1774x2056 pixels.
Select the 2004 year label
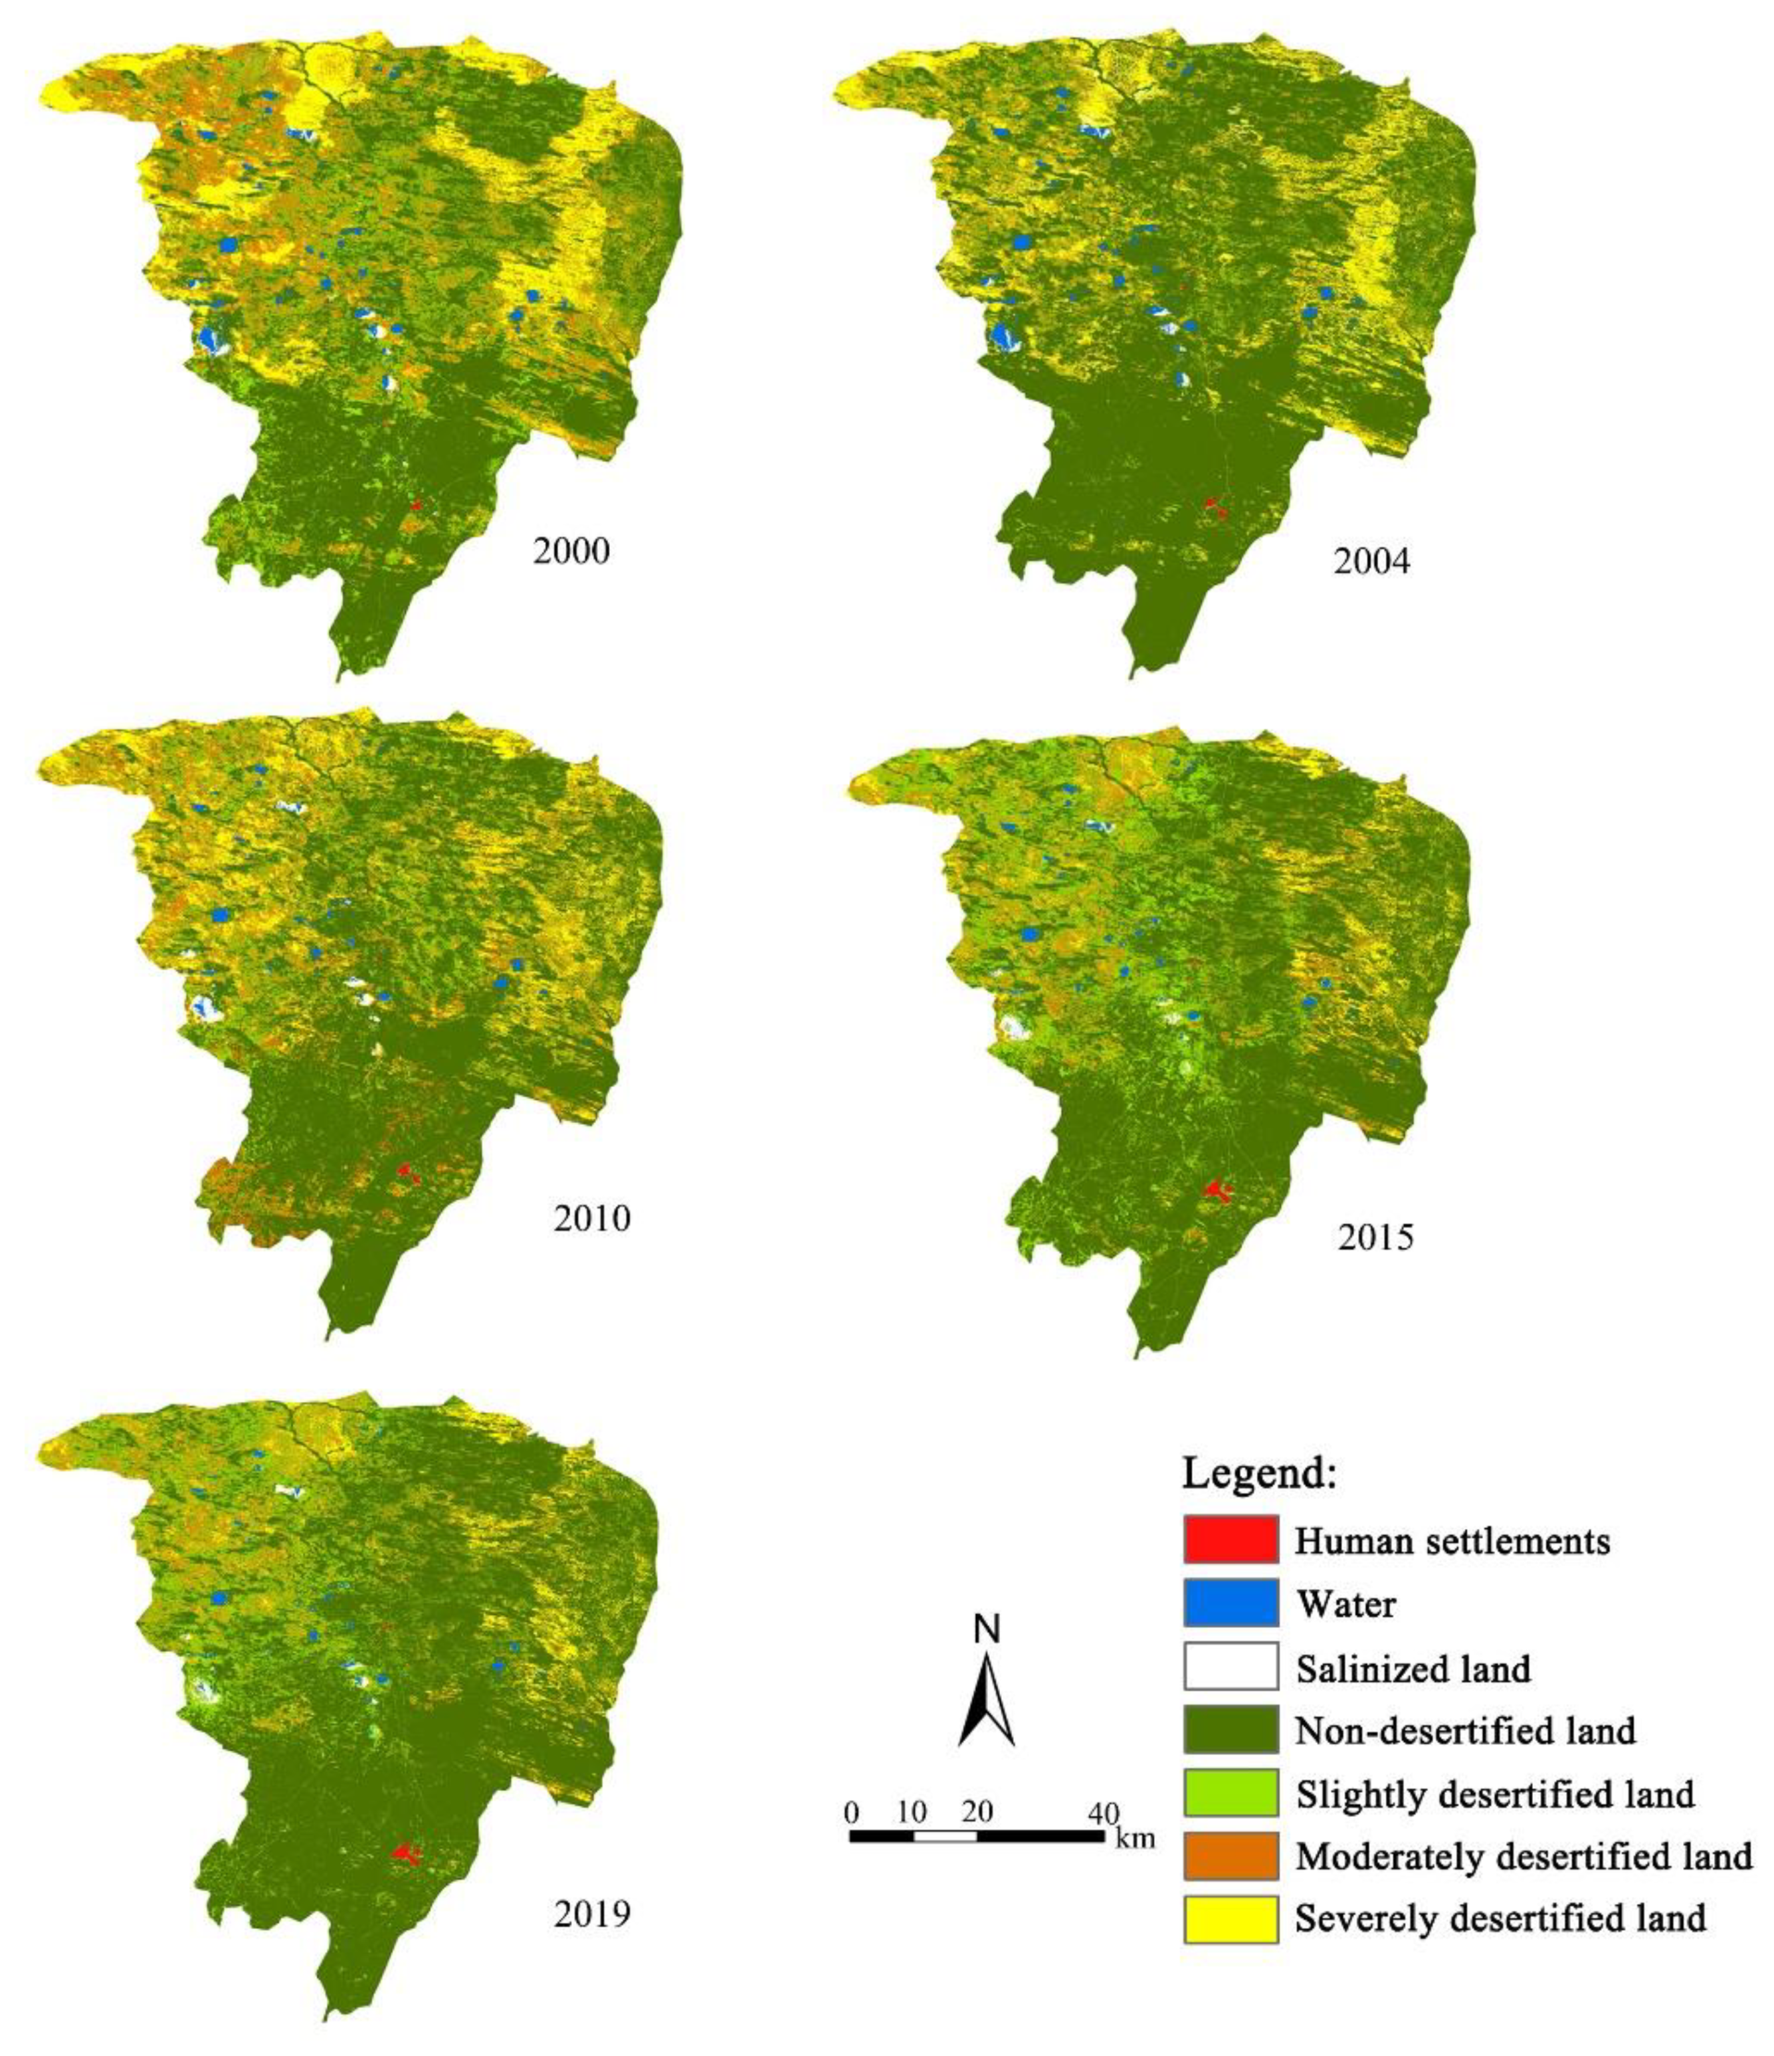(1371, 562)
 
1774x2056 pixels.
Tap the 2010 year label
(591, 1217)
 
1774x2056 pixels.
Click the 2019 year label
(591, 1913)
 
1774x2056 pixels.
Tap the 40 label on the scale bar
(1104, 1812)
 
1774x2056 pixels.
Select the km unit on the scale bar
(1135, 1837)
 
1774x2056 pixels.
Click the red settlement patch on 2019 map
(405, 1851)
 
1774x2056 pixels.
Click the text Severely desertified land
(1500, 1919)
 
